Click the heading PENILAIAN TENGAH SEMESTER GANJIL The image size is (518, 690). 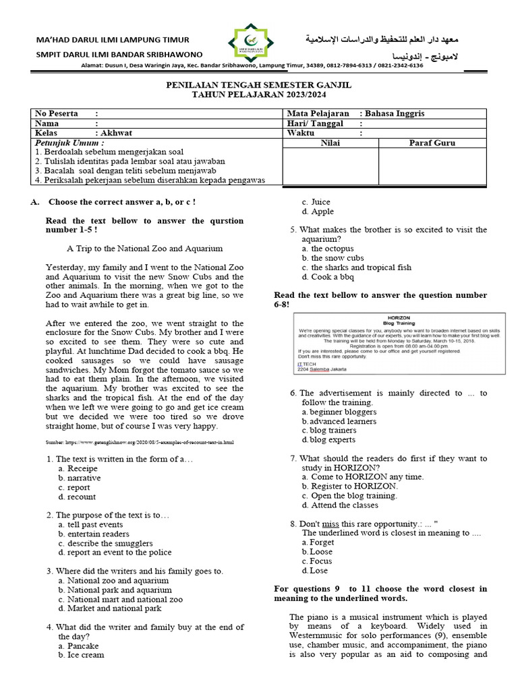coord(259,86)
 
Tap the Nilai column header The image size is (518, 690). coord(330,143)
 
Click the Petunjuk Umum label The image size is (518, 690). coord(69,143)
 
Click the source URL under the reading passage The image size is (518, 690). coord(139,442)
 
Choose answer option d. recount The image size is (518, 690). coord(77,497)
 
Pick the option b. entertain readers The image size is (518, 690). coord(95,534)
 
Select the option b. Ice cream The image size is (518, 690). coord(82,654)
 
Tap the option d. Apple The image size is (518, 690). coord(318,211)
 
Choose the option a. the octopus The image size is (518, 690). coord(328,249)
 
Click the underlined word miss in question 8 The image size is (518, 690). coord(330,524)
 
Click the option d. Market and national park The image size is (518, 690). coord(109,608)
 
